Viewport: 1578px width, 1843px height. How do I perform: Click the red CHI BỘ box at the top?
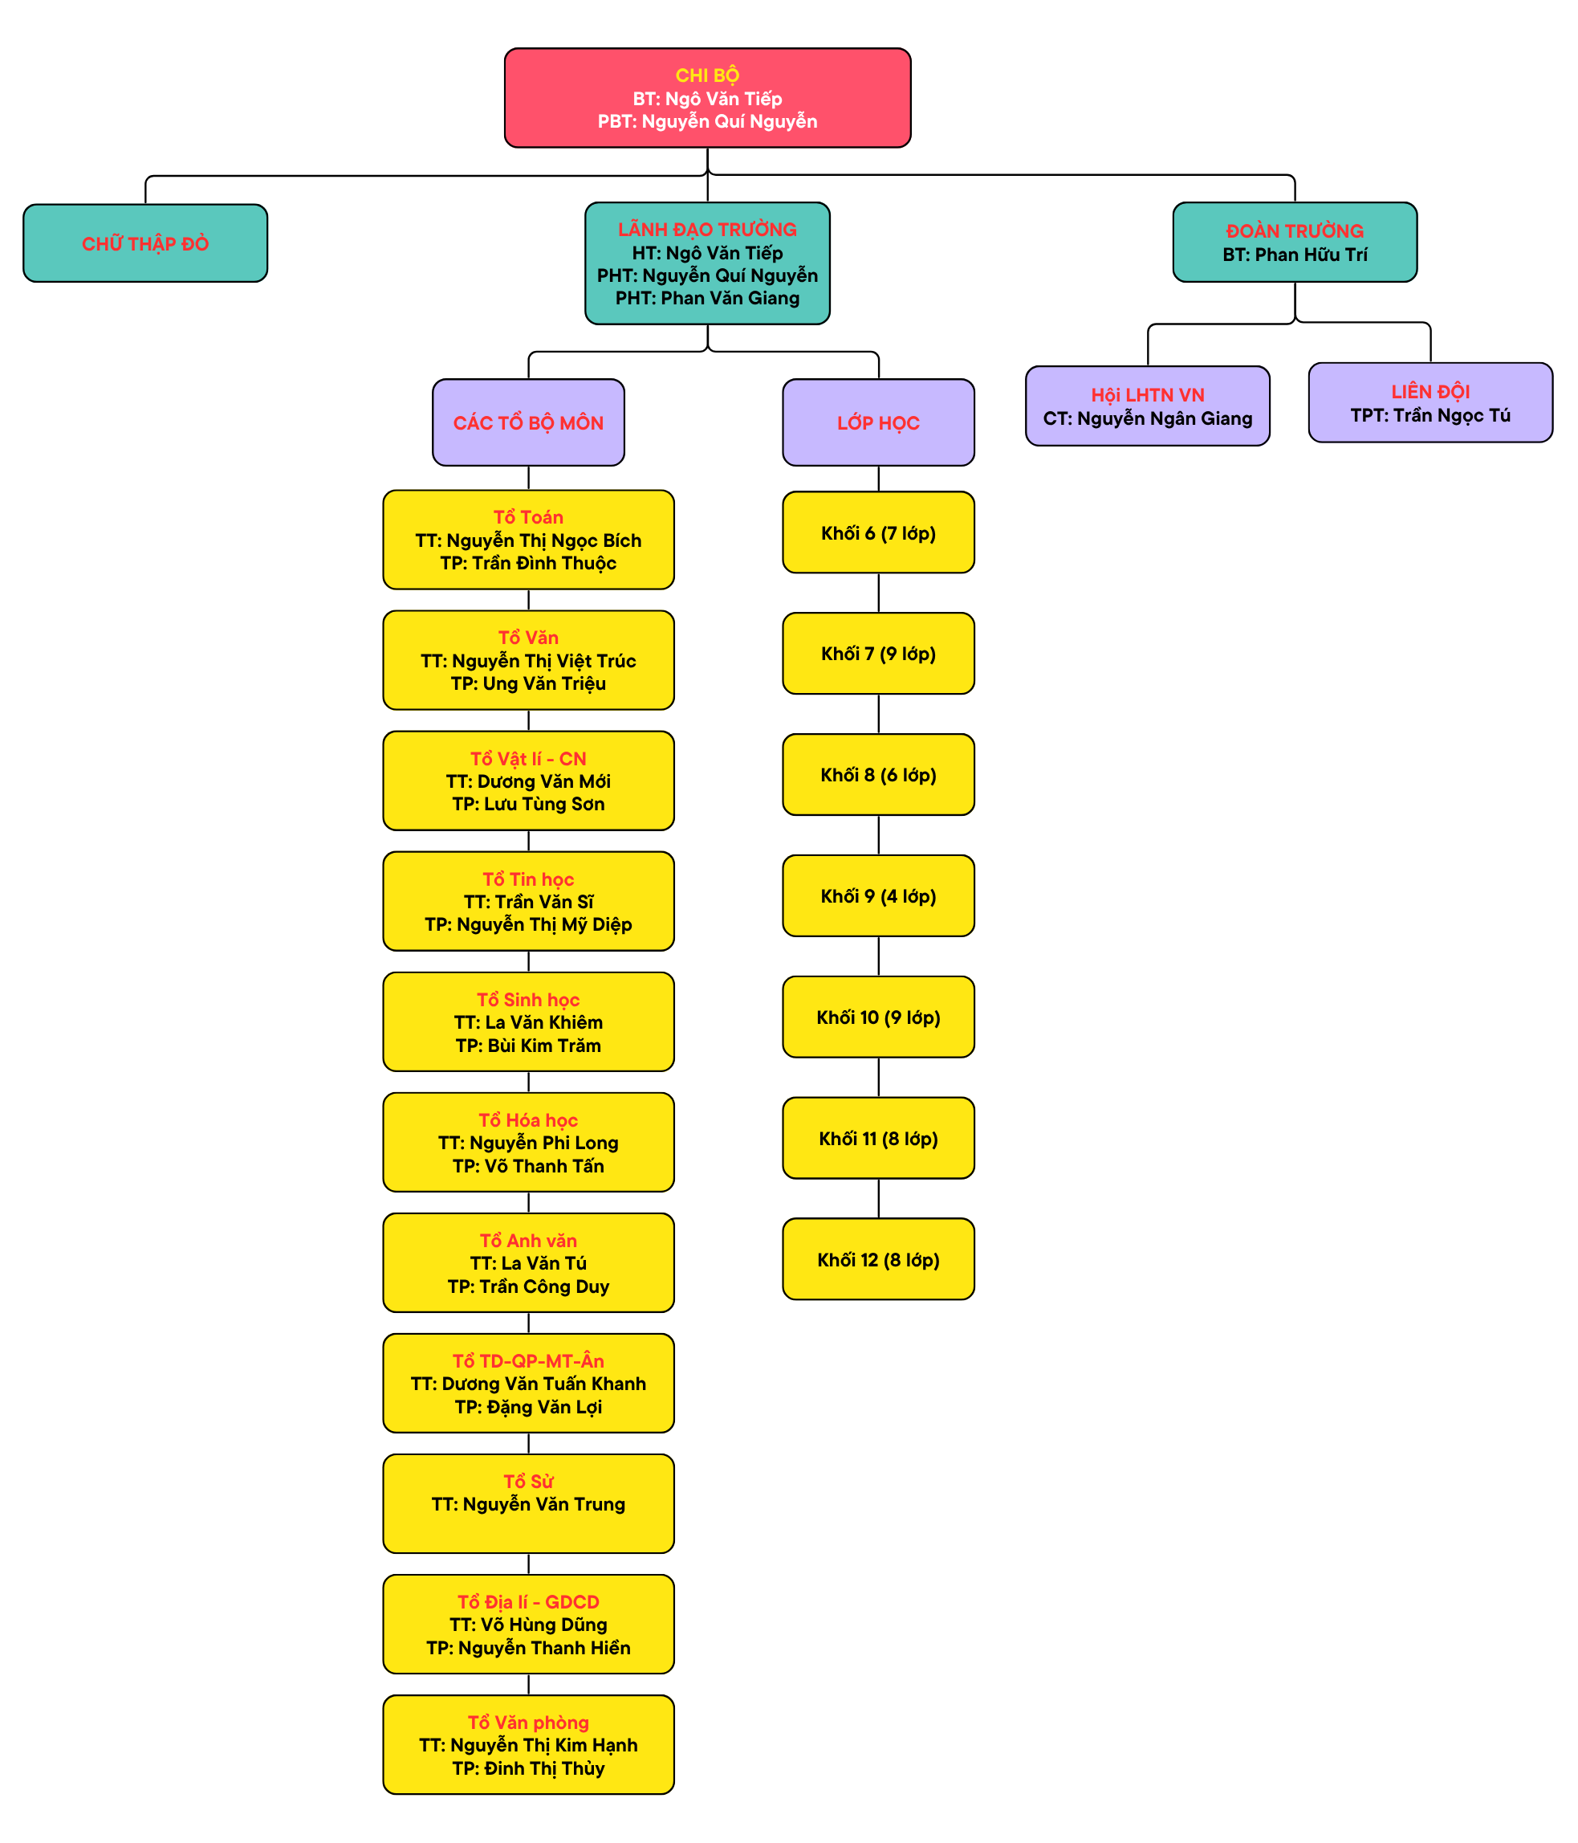point(707,98)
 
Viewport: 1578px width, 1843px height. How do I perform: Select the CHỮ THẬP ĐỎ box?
point(145,243)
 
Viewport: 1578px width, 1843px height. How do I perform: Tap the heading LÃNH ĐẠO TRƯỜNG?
point(707,230)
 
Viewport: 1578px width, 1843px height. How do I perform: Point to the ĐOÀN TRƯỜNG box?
point(1295,242)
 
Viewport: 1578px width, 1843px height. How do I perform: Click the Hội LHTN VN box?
point(1147,406)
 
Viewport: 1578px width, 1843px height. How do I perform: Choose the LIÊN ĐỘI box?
point(1430,402)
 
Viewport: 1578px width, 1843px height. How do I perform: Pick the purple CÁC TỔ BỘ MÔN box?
point(528,422)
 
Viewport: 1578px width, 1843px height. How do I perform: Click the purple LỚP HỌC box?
point(878,422)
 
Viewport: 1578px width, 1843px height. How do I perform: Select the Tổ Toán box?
point(528,539)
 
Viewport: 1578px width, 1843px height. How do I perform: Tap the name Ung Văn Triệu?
point(544,683)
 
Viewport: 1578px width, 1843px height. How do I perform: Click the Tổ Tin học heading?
point(528,879)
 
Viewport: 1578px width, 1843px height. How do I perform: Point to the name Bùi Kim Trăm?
point(543,1045)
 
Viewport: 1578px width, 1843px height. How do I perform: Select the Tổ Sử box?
point(528,1503)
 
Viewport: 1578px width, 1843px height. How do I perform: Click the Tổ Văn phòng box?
point(528,1744)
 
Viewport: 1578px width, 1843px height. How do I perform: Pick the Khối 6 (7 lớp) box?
point(878,532)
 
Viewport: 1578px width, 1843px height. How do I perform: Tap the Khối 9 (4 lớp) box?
point(878,895)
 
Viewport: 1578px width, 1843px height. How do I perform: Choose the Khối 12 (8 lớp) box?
point(878,1258)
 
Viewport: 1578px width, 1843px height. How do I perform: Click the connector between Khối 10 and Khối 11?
point(878,1077)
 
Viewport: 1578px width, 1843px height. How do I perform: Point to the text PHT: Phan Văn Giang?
point(707,298)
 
